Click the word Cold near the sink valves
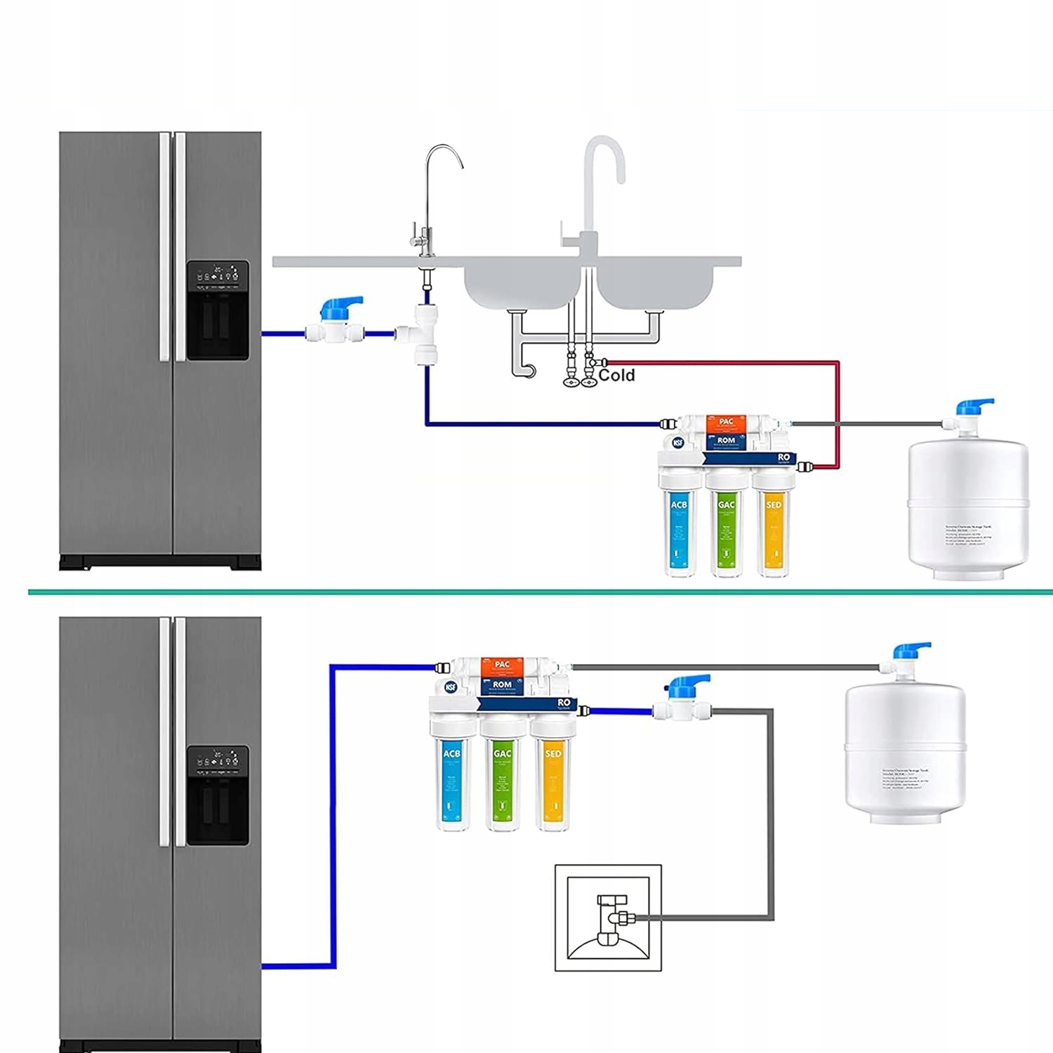point(616,376)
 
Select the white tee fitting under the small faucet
point(425,334)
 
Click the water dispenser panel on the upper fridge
point(218,310)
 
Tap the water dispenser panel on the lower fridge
point(218,795)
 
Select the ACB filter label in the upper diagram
point(679,505)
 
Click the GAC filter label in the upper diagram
point(727,505)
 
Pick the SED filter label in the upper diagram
point(774,505)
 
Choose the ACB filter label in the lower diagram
point(451,753)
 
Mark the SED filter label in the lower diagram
point(553,753)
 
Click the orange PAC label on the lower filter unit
point(503,664)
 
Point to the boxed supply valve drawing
point(608,918)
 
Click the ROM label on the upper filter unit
point(726,441)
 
